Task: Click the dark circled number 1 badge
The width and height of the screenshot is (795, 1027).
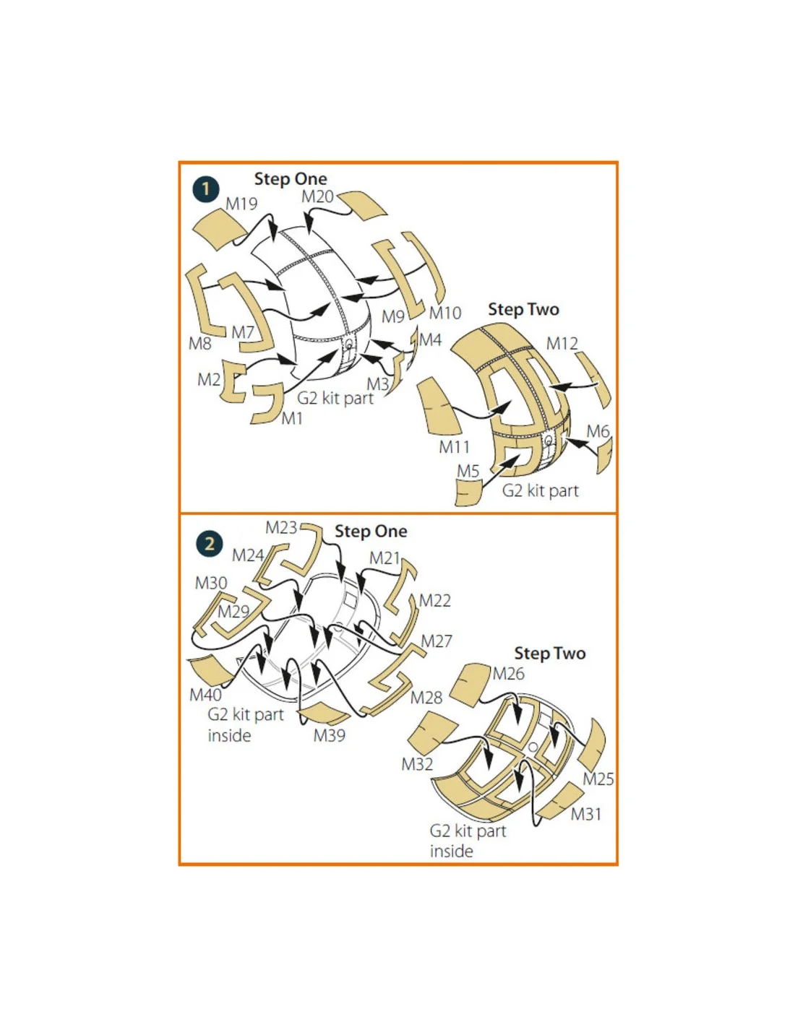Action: coord(206,189)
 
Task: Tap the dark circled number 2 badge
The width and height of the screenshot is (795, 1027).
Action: coord(208,544)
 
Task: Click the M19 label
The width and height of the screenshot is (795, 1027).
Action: coord(241,204)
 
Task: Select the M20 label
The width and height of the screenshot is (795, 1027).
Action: coord(317,196)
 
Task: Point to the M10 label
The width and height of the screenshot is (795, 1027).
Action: coord(445,313)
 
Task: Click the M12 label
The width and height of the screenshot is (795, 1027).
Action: coord(562,344)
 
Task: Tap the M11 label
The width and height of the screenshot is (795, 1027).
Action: coord(454,446)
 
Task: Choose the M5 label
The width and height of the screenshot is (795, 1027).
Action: coord(468,471)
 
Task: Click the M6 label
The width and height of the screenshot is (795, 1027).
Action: coord(598,431)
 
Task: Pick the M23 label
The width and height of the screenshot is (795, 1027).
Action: coord(281,527)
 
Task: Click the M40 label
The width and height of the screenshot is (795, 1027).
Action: coord(205,695)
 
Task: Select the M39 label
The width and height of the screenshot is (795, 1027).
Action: coord(329,735)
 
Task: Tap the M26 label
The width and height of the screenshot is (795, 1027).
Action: coord(508,674)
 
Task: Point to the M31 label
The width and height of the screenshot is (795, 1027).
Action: coord(586,814)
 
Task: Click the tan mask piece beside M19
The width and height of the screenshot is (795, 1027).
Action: coord(220,229)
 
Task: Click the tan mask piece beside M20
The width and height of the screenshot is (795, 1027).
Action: coord(361,206)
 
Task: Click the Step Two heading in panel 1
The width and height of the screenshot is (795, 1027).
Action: coord(523,310)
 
